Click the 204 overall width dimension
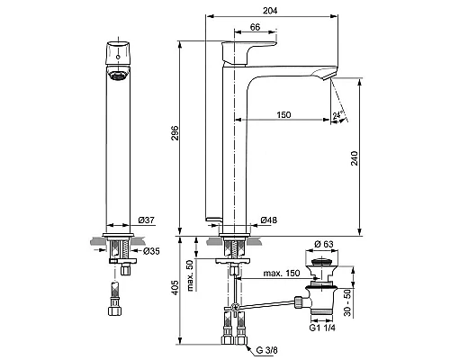(x=269, y=9)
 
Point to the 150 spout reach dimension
(x=284, y=114)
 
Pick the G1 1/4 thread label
(x=321, y=328)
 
